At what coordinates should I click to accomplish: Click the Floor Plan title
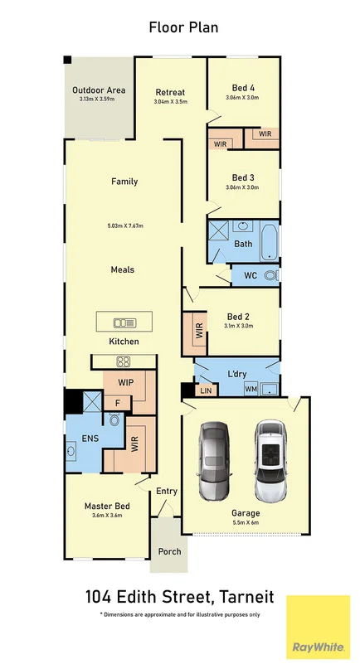pyautogui.click(x=183, y=27)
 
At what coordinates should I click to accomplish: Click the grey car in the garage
pyautogui.click(x=214, y=462)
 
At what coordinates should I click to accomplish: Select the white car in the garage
pyautogui.click(x=270, y=461)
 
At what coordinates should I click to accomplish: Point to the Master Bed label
pyautogui.click(x=106, y=506)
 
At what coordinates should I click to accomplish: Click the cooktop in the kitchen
pyautogui.click(x=123, y=361)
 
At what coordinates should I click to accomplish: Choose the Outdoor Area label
pyautogui.click(x=98, y=90)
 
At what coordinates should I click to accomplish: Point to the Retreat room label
pyautogui.click(x=170, y=92)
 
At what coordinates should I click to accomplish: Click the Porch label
pyautogui.click(x=169, y=551)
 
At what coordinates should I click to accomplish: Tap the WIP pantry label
pyautogui.click(x=124, y=382)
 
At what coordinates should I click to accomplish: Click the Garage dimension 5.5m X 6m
pyautogui.click(x=245, y=523)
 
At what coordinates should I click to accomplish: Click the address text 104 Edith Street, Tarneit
pyautogui.click(x=179, y=597)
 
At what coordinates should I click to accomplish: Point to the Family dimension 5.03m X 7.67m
pyautogui.click(x=125, y=226)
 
